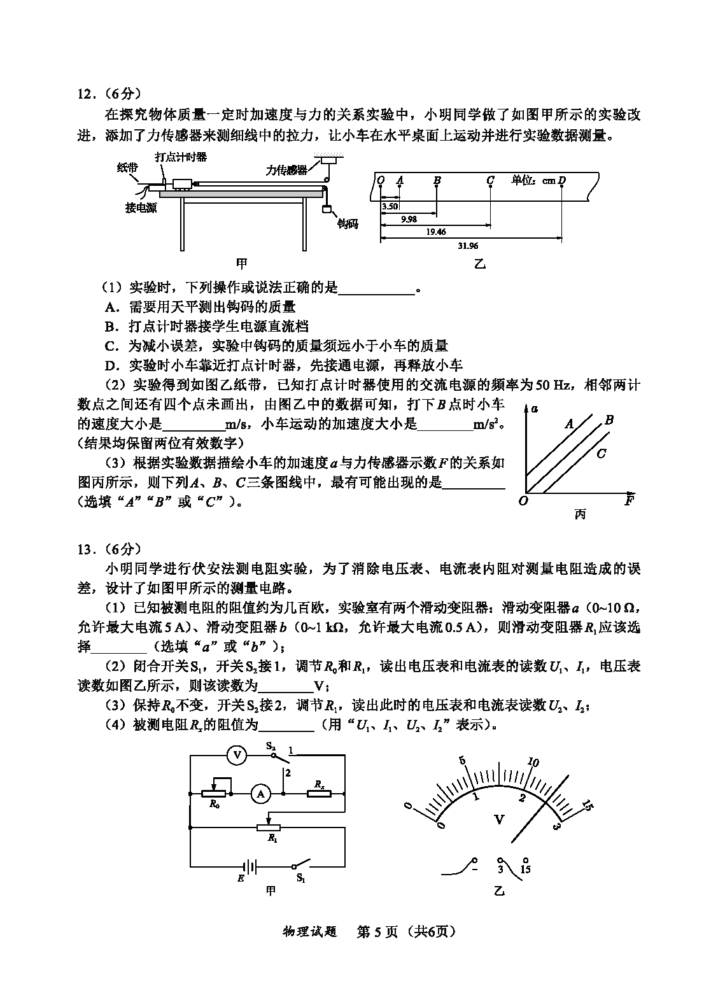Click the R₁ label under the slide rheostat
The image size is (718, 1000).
click(272, 838)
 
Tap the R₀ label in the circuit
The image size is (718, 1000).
click(214, 804)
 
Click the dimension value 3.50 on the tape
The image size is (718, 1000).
click(390, 206)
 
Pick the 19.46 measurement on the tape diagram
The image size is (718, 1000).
click(435, 232)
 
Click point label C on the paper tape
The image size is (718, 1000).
click(490, 180)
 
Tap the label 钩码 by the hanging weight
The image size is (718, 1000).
click(348, 223)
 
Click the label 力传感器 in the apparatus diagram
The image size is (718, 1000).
click(286, 170)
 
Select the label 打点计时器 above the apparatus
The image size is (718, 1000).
click(181, 157)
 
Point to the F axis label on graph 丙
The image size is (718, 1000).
click(629, 500)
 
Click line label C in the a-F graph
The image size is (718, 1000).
click(601, 454)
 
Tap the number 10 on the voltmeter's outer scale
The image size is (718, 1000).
click(533, 763)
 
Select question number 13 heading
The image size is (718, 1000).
click(86, 549)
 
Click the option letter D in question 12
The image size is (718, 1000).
click(112, 365)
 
